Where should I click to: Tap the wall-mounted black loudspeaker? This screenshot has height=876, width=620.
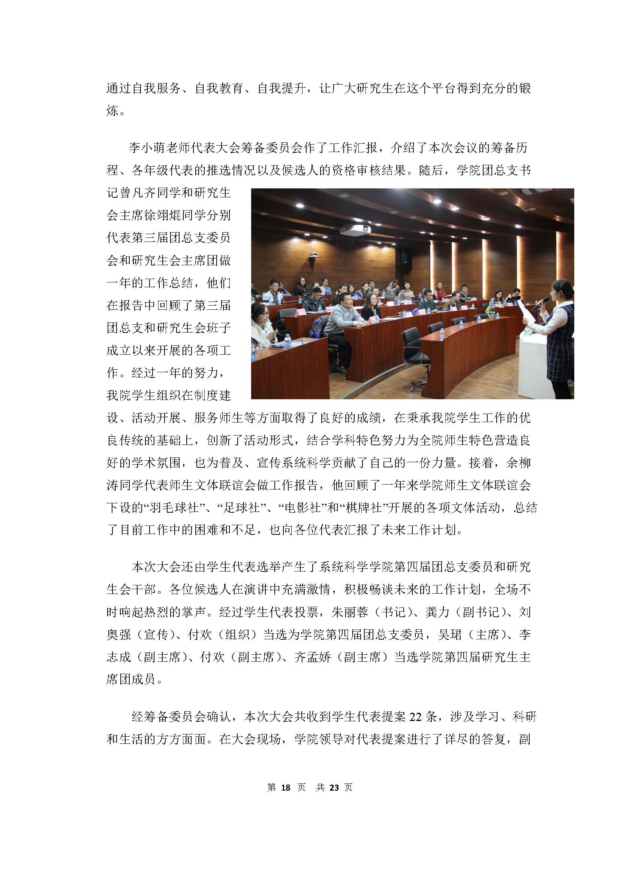click(x=404, y=256)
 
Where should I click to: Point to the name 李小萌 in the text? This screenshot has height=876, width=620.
click(x=148, y=148)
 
